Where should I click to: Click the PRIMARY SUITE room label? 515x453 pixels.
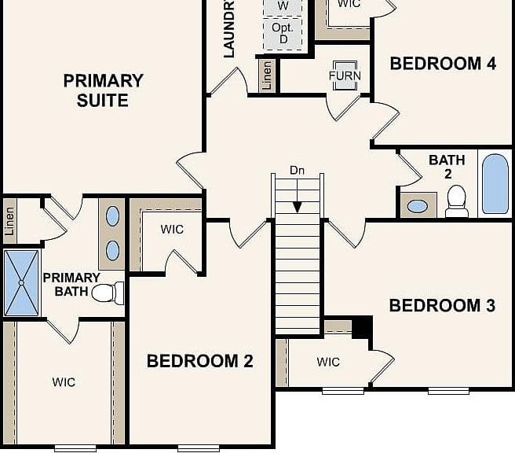[x=103, y=90]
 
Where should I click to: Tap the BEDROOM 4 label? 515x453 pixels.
[x=443, y=64]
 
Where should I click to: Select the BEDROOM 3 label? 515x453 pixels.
[x=442, y=306]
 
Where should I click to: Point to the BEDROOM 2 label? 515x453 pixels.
[x=199, y=361]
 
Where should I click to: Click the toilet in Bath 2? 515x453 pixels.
[x=457, y=201]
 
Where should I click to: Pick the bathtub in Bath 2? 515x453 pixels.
[x=495, y=184]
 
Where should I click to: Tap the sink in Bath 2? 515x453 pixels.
[x=418, y=206]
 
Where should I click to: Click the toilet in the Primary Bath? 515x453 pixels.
[x=108, y=293]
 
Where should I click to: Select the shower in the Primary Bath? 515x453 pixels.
[x=21, y=283]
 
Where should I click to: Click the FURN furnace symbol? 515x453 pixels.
[x=345, y=75]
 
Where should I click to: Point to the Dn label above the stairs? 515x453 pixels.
[x=297, y=171]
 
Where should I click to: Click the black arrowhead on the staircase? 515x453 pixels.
[x=298, y=208]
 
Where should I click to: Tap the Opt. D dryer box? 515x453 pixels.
[x=283, y=34]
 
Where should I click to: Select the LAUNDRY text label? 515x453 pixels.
[x=229, y=29]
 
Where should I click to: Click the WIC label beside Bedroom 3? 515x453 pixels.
[x=328, y=363]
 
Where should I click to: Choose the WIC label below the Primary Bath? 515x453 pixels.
[x=64, y=382]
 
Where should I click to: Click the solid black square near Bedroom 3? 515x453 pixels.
[x=362, y=327]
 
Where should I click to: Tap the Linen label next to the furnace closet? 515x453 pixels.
[x=267, y=75]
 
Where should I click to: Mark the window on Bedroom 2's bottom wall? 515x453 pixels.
[x=199, y=448]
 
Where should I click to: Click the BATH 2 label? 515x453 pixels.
[x=447, y=167]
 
